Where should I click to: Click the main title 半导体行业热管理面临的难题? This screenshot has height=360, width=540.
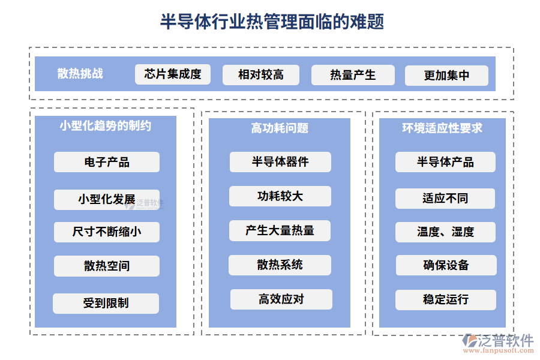coord(272,22)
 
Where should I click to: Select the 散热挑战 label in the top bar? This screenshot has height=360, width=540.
coord(80,74)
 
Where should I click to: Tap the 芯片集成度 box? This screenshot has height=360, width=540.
coord(173,74)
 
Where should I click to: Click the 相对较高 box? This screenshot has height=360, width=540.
coord(260,75)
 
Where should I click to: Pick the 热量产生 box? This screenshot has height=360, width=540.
coord(353,75)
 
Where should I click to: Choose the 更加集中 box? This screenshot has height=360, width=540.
coord(446,76)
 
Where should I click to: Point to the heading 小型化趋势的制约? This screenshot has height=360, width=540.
coord(106,126)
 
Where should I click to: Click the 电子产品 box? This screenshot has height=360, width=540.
coord(107,162)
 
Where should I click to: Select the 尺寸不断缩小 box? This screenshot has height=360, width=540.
coord(107,232)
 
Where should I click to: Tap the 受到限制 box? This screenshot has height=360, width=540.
coord(106,303)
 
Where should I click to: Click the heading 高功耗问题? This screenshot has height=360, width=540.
coord(280,128)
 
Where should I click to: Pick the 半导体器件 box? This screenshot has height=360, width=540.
coord(280,162)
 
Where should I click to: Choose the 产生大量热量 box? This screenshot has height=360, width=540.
coord(280,230)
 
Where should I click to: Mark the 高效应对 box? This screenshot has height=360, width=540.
coord(281,299)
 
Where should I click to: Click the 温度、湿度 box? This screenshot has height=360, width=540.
coord(445,232)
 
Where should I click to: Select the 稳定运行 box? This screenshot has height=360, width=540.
coord(445,299)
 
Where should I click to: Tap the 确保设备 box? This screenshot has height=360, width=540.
coord(445,265)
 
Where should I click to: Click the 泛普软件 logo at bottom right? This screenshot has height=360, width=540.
coord(498,343)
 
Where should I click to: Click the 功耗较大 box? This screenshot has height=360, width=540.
coord(280,196)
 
